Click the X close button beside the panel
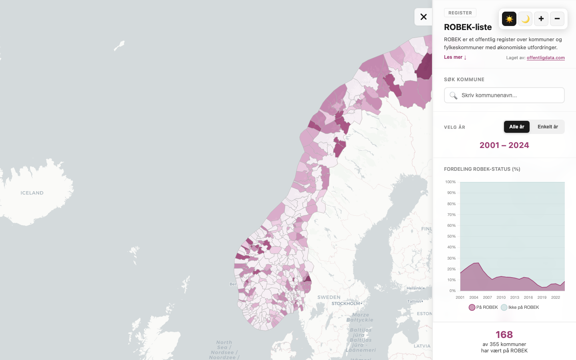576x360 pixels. [x=423, y=17]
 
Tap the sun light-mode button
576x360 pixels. [x=509, y=19]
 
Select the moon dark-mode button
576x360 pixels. [x=525, y=19]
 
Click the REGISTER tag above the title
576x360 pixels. [x=460, y=13]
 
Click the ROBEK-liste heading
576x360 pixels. [x=468, y=27]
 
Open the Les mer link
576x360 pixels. [x=455, y=57]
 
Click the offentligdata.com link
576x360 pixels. [x=546, y=58]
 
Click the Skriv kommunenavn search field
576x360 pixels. [x=504, y=95]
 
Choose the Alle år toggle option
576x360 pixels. [x=516, y=127]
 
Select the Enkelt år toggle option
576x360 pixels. [x=548, y=127]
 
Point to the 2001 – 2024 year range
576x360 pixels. [x=504, y=145]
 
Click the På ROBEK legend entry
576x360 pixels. [x=484, y=307]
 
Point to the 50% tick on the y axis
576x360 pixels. [x=451, y=236]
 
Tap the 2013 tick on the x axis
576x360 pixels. [x=514, y=298]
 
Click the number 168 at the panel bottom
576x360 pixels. [x=504, y=334]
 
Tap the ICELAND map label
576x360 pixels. [x=32, y=193]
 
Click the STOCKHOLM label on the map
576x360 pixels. [x=346, y=304]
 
